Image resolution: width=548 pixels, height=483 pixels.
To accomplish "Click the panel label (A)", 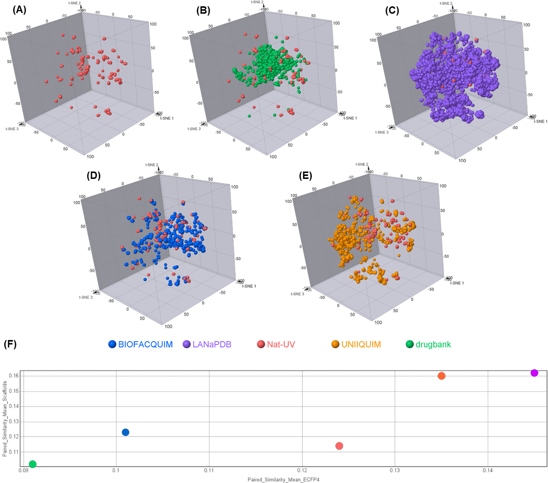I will point(19,10).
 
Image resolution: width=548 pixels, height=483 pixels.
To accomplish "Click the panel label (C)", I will point(392,11).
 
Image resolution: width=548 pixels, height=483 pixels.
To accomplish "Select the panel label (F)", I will point(10,344).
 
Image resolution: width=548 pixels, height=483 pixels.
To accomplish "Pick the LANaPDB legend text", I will point(212,344).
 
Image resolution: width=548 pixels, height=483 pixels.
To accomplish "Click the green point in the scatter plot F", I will point(33,464).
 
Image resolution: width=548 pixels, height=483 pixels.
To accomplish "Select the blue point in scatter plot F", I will point(125,432).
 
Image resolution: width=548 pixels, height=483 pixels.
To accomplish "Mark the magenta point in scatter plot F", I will point(534,373).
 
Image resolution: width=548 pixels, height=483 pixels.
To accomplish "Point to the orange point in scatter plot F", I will point(441,376).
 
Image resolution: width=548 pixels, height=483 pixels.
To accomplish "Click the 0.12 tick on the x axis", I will point(302,470).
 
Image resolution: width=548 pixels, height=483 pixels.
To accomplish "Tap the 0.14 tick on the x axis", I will point(488,470).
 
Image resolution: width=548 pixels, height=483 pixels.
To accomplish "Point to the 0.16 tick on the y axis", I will point(14,376).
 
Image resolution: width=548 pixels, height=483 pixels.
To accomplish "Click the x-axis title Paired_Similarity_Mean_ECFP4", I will point(283,479).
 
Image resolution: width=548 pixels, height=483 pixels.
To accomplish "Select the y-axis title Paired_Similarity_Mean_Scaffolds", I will point(4,418).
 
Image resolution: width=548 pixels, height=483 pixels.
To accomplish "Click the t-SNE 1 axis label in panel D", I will point(249,286).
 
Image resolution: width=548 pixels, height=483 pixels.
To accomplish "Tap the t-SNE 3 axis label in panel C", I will point(382,132).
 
